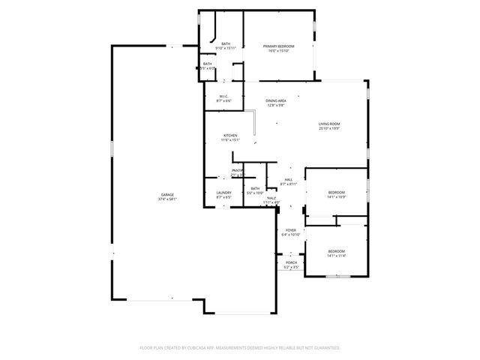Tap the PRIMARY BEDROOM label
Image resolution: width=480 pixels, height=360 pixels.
(278, 46)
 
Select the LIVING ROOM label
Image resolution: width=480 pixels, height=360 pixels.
(329, 124)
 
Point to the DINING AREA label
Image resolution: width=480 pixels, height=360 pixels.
(276, 100)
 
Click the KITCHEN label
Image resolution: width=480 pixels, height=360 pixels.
(229, 136)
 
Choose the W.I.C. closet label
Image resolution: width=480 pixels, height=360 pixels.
(223, 96)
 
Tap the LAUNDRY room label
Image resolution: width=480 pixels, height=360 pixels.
(223, 193)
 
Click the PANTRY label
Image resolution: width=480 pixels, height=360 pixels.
(238, 171)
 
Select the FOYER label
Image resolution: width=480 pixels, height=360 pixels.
(290, 230)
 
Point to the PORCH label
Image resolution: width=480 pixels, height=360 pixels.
(290, 262)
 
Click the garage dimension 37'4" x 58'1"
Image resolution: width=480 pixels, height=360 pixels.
(166, 199)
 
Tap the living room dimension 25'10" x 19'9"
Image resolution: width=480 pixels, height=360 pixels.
(329, 128)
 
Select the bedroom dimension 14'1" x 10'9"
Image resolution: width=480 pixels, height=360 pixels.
(336, 197)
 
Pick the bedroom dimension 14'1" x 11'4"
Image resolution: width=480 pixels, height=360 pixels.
(335, 256)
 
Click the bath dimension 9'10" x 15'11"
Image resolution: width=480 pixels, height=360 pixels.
(226, 48)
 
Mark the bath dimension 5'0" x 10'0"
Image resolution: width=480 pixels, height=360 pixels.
(255, 193)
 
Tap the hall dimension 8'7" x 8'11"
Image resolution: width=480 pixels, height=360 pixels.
(289, 184)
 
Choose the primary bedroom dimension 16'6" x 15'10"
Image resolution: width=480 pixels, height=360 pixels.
(278, 51)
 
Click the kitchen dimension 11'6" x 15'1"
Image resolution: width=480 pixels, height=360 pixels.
(229, 140)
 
